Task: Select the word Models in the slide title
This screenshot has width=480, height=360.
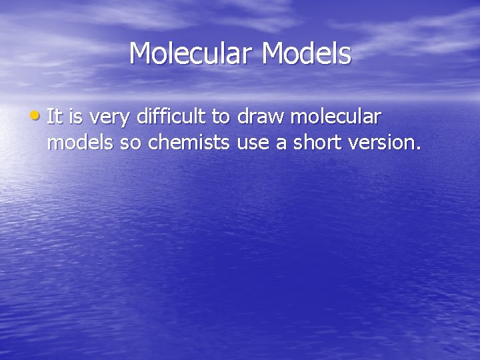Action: [x=307, y=54]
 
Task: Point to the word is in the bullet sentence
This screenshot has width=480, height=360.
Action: [x=75, y=117]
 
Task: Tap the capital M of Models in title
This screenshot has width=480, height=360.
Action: [x=273, y=54]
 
